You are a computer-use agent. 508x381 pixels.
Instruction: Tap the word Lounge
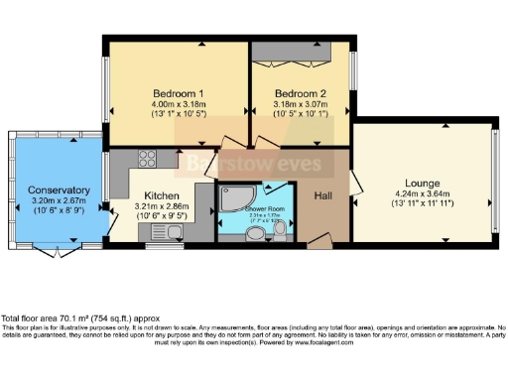pos(422,182)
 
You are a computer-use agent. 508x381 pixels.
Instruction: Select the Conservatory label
pos(60,190)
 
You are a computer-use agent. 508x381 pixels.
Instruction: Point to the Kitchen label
pos(161,195)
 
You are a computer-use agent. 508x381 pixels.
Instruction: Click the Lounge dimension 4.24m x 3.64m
pos(422,193)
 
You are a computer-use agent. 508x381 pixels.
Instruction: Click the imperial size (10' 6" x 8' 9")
pos(60,212)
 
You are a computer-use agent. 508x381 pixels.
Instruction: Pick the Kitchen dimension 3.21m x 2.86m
pos(161,207)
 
